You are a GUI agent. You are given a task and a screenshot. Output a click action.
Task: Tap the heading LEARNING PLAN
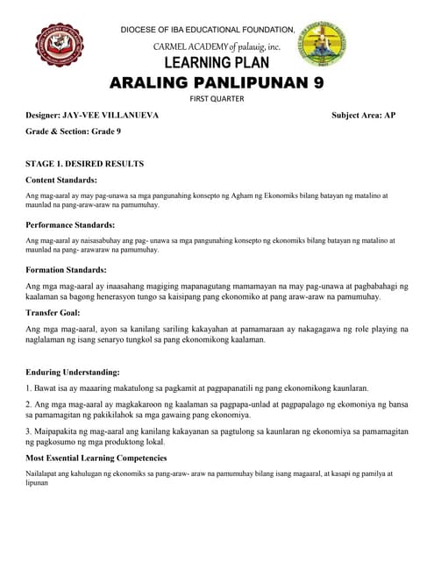tap(217, 63)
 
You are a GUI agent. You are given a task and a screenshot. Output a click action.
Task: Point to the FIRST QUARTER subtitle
tap(217, 99)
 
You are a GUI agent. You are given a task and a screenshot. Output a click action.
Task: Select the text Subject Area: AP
tap(363, 115)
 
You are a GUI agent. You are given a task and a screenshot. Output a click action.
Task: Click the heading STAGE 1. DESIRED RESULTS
tap(85, 163)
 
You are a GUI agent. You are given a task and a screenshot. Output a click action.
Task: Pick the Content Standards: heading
tap(67, 180)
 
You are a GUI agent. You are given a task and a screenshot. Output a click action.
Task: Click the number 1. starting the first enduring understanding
tap(29, 387)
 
